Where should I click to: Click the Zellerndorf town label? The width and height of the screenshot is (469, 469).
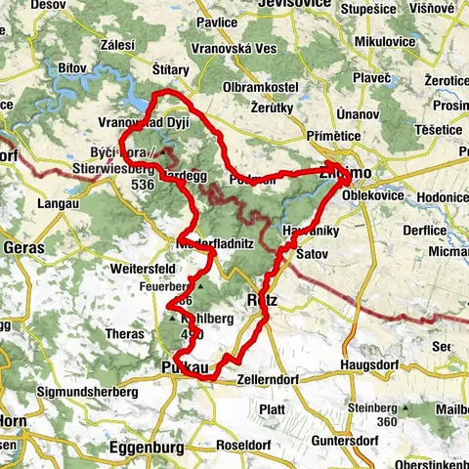click(x=277, y=376)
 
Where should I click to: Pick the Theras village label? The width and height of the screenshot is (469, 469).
click(x=125, y=333)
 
